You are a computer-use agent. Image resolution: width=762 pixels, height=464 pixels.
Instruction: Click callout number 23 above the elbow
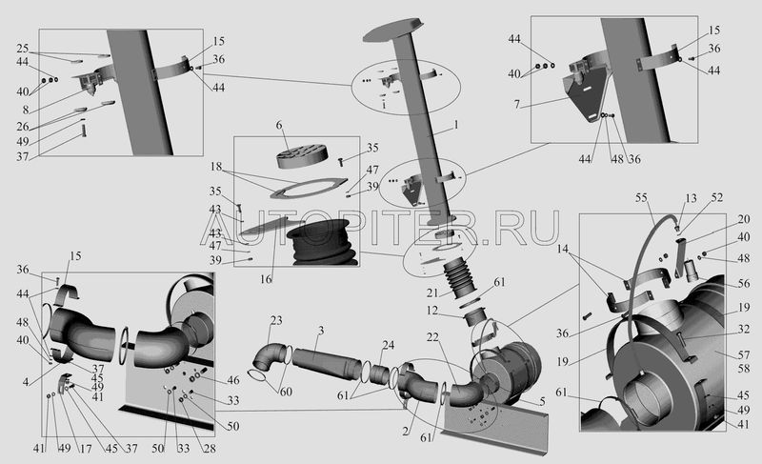tap(276, 320)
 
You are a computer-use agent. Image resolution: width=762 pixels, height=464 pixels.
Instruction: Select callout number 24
tap(389, 345)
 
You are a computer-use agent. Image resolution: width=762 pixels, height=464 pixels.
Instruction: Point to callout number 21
tap(432, 292)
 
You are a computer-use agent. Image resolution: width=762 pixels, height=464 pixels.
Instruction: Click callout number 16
tap(267, 280)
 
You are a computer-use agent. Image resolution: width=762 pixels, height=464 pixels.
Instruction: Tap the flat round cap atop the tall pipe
tap(391, 31)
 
